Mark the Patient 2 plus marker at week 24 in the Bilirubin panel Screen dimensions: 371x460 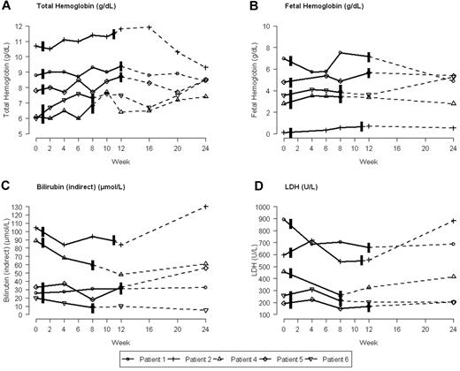[205, 207]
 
